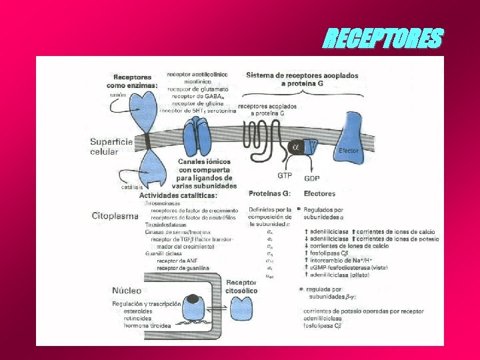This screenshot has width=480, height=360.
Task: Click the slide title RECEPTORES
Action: (382, 39)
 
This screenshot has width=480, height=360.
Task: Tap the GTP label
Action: (285, 176)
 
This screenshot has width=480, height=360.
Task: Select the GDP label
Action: (313, 178)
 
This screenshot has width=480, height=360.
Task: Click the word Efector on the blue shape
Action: (349, 151)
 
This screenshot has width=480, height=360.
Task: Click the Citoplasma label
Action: (115, 216)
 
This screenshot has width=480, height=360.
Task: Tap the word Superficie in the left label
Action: (111, 142)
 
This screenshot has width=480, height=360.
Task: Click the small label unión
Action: (117, 95)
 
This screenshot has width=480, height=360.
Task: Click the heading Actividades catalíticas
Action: (173, 195)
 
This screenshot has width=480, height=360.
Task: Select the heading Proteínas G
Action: (269, 193)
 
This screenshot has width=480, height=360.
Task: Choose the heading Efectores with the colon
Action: (319, 193)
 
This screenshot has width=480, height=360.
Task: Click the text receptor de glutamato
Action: (197, 89)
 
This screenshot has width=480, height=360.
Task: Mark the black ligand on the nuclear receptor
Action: (192, 299)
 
